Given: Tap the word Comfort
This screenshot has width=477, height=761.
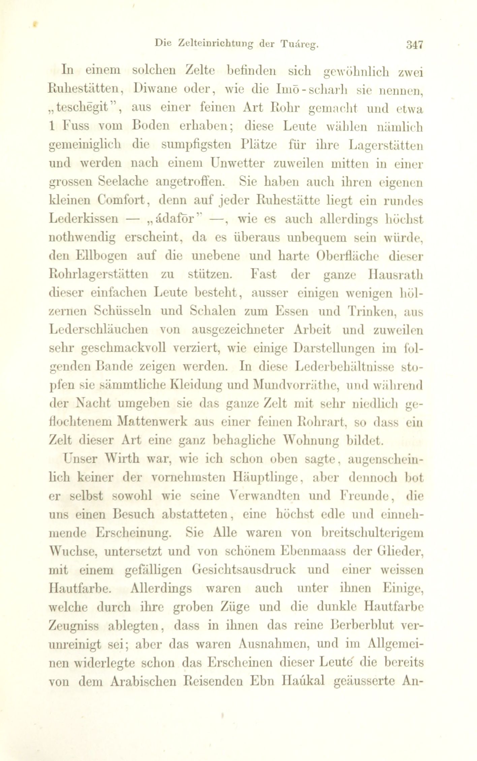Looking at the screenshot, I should click(x=121, y=201).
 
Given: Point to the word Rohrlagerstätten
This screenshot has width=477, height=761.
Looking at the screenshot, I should click(x=98, y=274).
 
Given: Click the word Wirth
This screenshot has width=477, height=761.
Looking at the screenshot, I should click(x=121, y=459).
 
